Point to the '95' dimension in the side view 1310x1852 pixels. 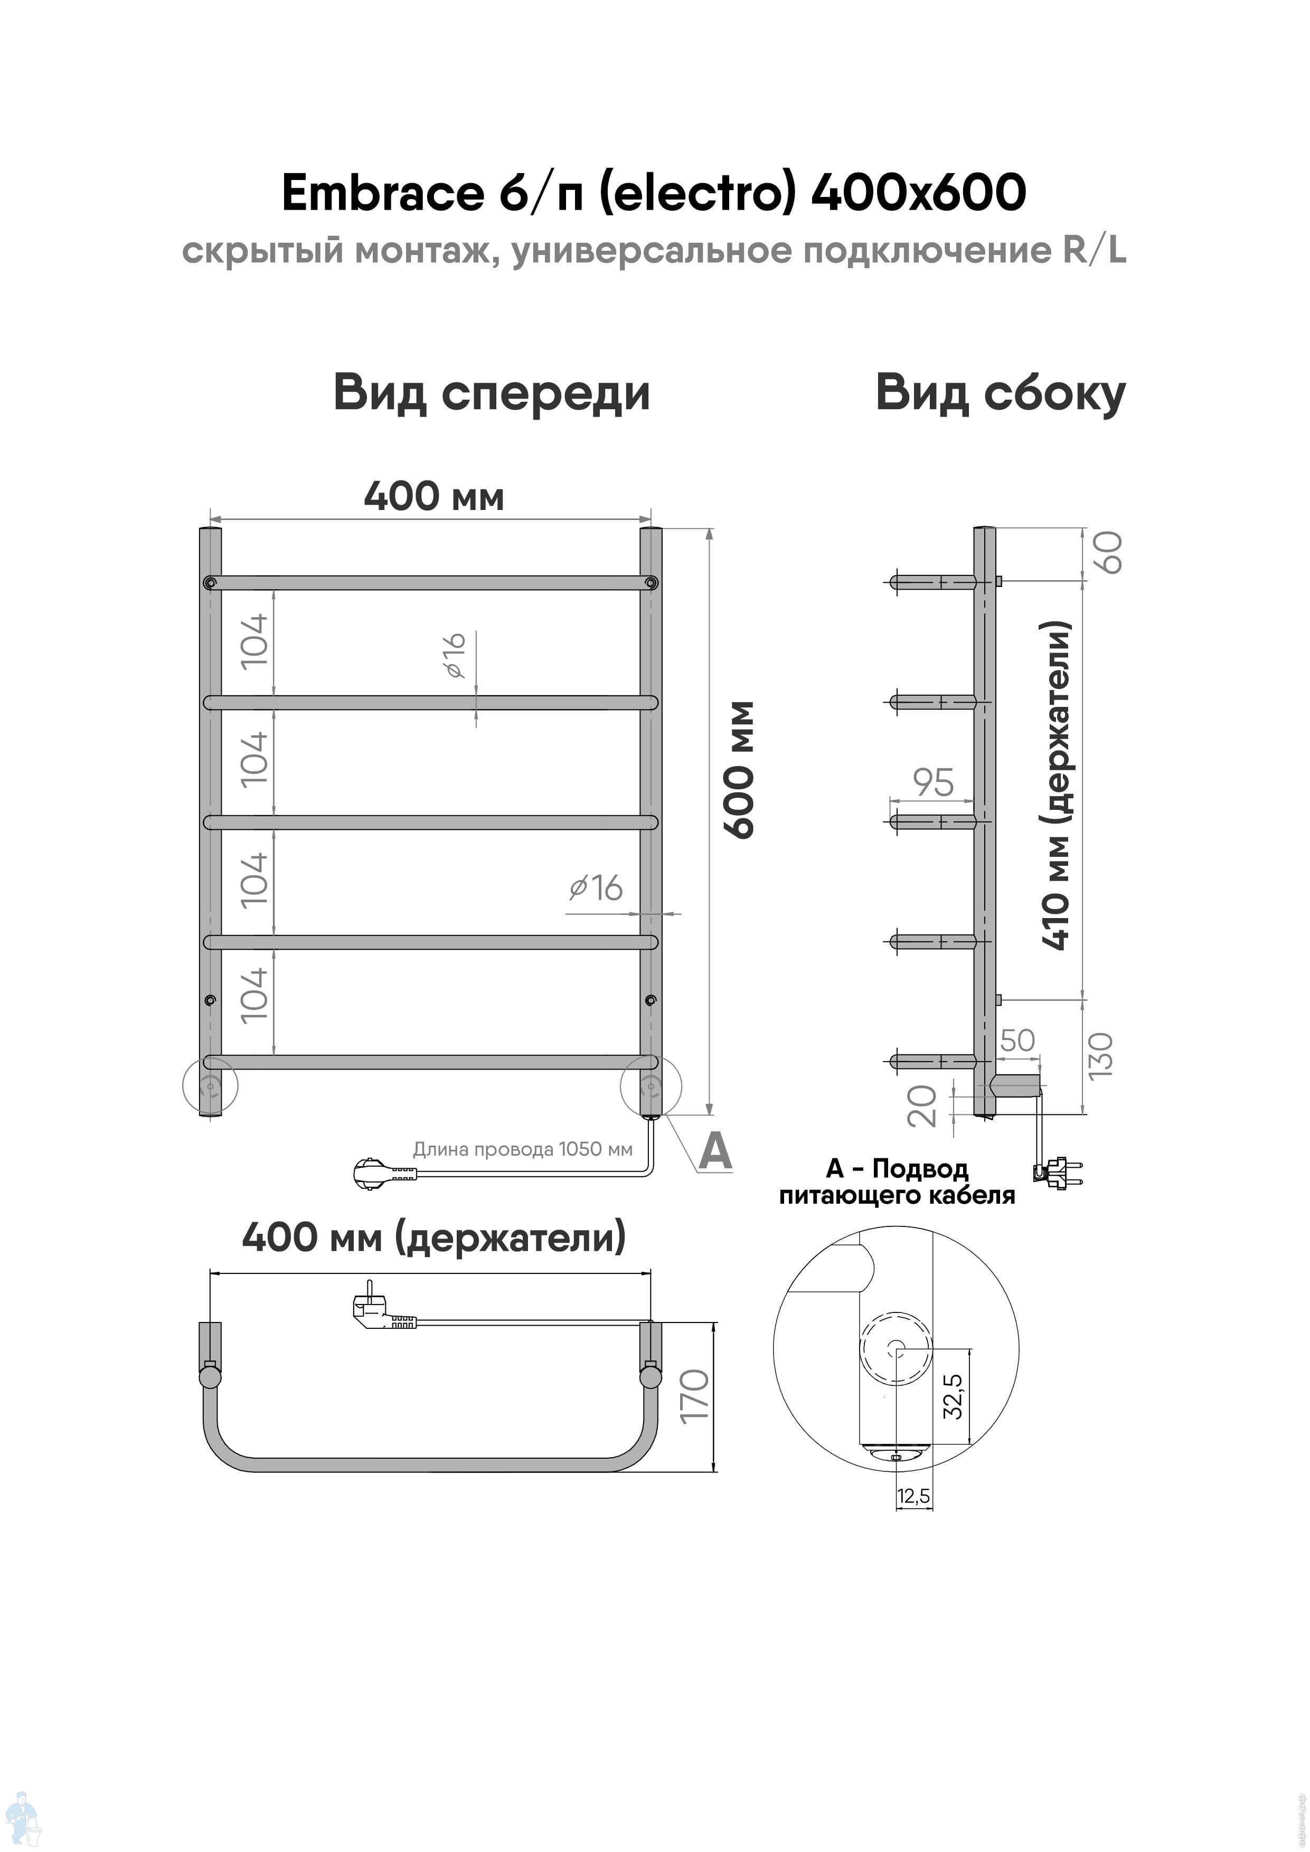pyautogui.click(x=934, y=782)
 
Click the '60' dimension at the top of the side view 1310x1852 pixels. pyautogui.click(x=1110, y=553)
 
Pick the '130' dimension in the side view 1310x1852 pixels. pyautogui.click(x=1100, y=1055)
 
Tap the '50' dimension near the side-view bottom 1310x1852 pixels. pyautogui.click(x=1017, y=1041)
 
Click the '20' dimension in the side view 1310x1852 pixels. pyautogui.click(x=922, y=1106)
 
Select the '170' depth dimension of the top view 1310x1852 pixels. pyautogui.click(x=694, y=1395)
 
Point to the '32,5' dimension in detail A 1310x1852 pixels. pyautogui.click(x=953, y=1395)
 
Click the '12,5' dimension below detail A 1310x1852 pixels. pyautogui.click(x=913, y=1496)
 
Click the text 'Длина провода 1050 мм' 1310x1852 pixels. pyautogui.click(x=523, y=1149)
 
